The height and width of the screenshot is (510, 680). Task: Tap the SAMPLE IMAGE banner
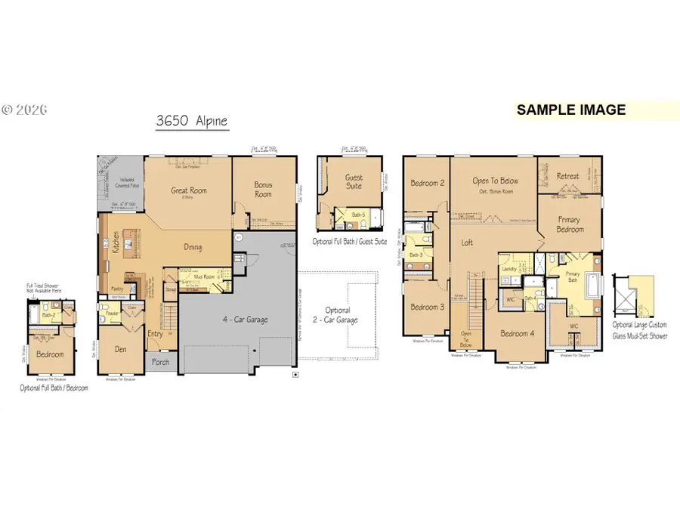[570, 110]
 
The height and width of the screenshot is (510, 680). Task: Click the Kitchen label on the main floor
[116, 242]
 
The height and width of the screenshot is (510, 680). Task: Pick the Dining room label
[193, 247]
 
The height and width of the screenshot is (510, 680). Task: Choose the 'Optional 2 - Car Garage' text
[338, 314]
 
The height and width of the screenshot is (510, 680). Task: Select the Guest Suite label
[354, 182]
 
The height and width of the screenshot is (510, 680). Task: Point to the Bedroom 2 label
[426, 183]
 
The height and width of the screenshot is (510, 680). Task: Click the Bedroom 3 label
[426, 307]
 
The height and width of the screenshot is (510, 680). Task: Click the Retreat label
[568, 176]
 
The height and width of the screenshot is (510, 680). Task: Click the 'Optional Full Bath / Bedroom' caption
[54, 388]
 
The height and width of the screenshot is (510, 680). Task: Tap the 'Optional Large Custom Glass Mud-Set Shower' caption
[640, 329]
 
